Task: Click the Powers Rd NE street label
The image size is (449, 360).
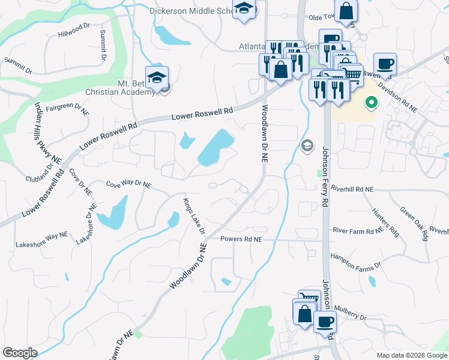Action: [241, 239]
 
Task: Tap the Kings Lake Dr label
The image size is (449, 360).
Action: [194, 217]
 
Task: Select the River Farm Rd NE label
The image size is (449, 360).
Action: [357, 230]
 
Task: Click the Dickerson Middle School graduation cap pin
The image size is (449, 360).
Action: [244, 10]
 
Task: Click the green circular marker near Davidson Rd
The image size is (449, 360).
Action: [371, 103]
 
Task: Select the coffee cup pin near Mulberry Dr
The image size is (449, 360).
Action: [325, 322]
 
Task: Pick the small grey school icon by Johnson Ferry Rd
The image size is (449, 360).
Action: [307, 146]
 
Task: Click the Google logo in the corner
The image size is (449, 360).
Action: [20, 353]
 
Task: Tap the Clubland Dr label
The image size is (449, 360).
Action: [40, 179]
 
